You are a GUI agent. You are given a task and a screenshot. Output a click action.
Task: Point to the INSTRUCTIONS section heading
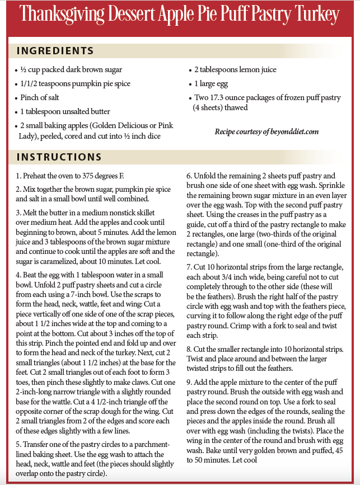point(59,157)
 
